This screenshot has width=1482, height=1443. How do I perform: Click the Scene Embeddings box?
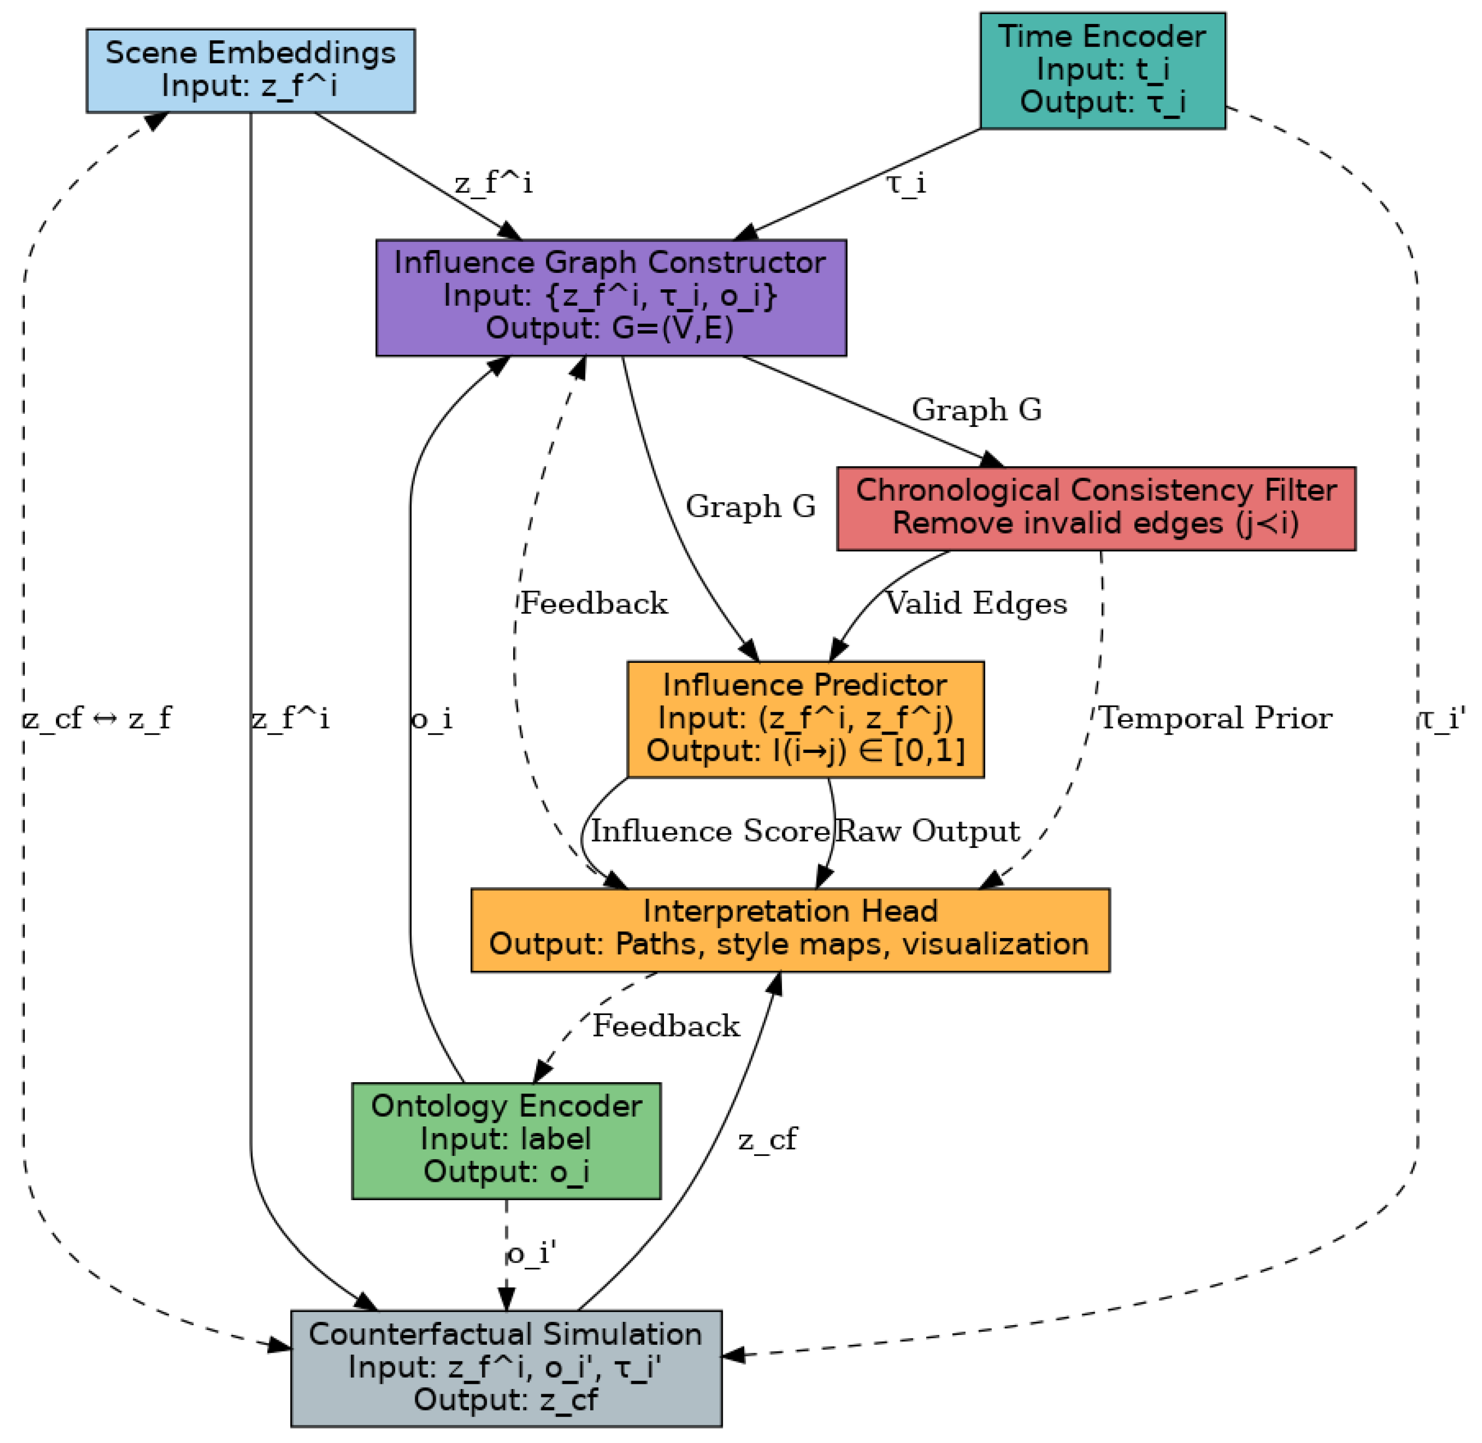[250, 70]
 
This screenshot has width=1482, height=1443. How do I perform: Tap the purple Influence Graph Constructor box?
[611, 297]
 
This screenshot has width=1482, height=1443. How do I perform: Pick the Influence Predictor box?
[805, 719]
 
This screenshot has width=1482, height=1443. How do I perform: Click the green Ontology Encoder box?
[506, 1140]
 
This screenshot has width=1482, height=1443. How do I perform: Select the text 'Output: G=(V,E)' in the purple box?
[609, 329]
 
